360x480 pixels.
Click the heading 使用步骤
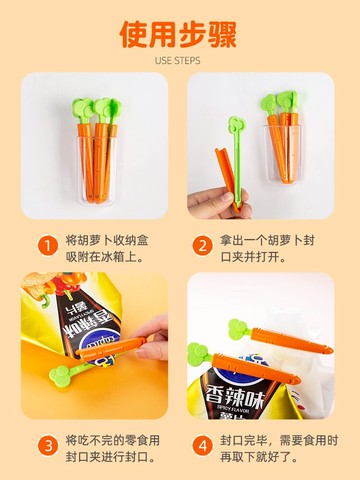click(x=179, y=33)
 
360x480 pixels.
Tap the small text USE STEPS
click(x=179, y=61)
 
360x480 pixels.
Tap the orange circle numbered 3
click(x=47, y=445)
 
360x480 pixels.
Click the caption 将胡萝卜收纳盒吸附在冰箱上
click(x=104, y=248)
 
